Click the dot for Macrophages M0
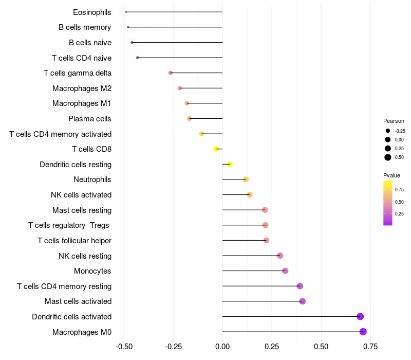pyautogui.click(x=363, y=332)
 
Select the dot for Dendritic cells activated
pyautogui.click(x=360, y=316)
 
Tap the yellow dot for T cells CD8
pyautogui.click(x=217, y=149)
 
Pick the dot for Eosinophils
pyautogui.click(x=126, y=12)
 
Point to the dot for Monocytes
pyautogui.click(x=285, y=271)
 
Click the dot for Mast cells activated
pyautogui.click(x=302, y=301)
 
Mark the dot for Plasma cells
pyautogui.click(x=190, y=119)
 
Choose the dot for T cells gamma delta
pyautogui.click(x=171, y=73)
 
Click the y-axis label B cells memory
pyautogui.click(x=85, y=27)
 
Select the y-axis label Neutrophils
pyautogui.click(x=92, y=179)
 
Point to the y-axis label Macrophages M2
pyautogui.click(x=82, y=88)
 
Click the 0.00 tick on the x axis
pyautogui.click(x=222, y=346)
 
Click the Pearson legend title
pyautogui.click(x=394, y=121)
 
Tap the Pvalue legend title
pyautogui.click(x=391, y=175)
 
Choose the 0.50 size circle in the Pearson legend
pyautogui.click(x=388, y=157)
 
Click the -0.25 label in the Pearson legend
pyautogui.click(x=400, y=131)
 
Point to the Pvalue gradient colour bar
pyautogui.click(x=388, y=203)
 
